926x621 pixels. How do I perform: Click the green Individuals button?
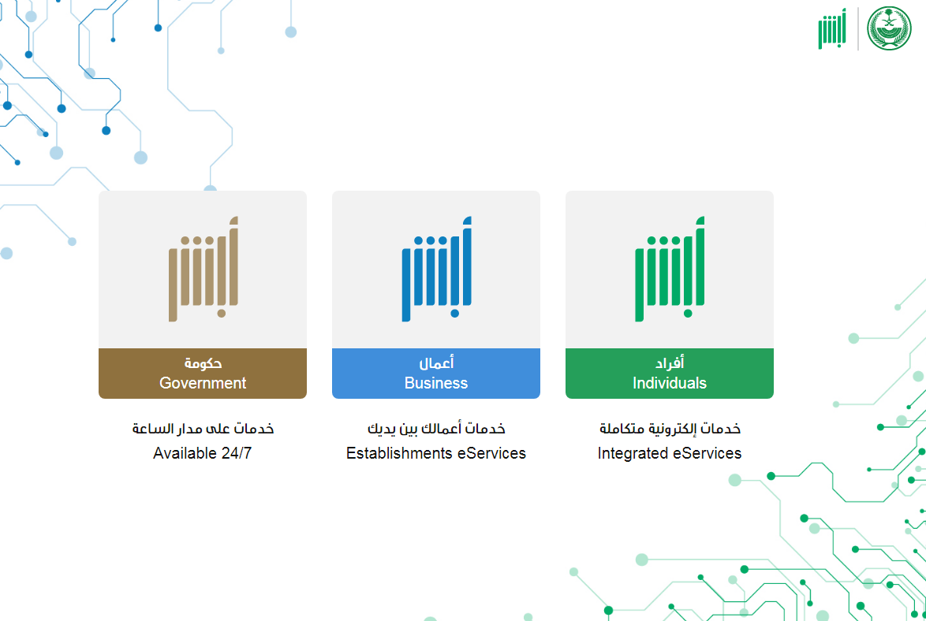click(x=669, y=373)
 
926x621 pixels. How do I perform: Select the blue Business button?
click(x=436, y=373)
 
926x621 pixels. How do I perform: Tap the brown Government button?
click(x=203, y=373)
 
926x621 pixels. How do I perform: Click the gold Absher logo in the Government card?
click(x=203, y=270)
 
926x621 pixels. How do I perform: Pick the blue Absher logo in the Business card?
click(x=436, y=270)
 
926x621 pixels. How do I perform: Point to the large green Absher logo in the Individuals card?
click(x=670, y=270)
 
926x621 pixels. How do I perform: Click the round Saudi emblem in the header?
click(x=889, y=28)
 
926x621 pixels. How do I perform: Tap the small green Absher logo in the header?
click(x=832, y=29)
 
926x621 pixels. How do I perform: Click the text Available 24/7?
click(x=203, y=453)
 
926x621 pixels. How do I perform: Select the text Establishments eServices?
click(x=436, y=453)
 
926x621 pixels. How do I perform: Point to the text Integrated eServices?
click(x=669, y=453)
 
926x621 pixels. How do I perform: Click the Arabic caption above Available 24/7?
click(x=203, y=429)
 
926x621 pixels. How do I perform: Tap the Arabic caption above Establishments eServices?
click(x=436, y=429)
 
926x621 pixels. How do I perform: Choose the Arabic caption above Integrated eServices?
click(x=670, y=429)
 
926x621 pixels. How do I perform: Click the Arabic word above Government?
click(x=203, y=363)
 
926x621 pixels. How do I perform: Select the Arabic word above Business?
click(x=436, y=363)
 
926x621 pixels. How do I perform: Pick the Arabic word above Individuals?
click(x=669, y=363)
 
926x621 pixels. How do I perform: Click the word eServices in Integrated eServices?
click(x=707, y=453)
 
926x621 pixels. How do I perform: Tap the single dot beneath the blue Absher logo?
click(x=455, y=314)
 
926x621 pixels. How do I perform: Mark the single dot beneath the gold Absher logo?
click(x=222, y=314)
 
